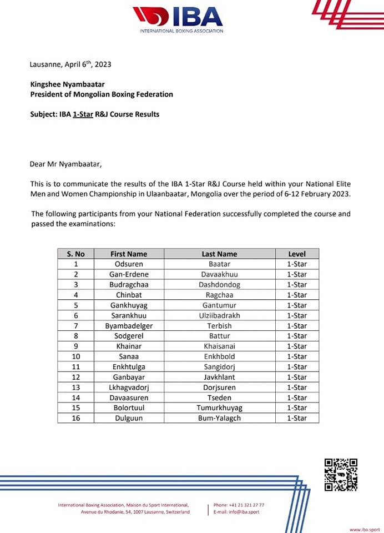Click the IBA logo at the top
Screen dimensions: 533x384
point(177,17)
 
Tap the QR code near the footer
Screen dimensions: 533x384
point(340,475)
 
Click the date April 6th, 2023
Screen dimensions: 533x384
point(88,64)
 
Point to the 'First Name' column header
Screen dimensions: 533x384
point(129,254)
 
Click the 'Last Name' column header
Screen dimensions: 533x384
point(219,254)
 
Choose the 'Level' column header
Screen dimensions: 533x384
point(296,254)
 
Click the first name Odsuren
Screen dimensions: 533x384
point(129,264)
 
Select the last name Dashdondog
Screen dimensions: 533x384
point(219,284)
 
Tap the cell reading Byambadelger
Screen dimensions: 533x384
point(129,326)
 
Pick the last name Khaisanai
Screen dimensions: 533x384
point(219,346)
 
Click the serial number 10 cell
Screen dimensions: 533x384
point(75,356)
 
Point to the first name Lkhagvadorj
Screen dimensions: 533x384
point(129,388)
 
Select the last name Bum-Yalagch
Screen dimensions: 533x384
point(219,418)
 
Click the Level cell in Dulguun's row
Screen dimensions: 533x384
point(296,418)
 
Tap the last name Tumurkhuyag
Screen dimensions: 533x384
point(219,408)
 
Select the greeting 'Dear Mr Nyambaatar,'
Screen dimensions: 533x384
point(66,164)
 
